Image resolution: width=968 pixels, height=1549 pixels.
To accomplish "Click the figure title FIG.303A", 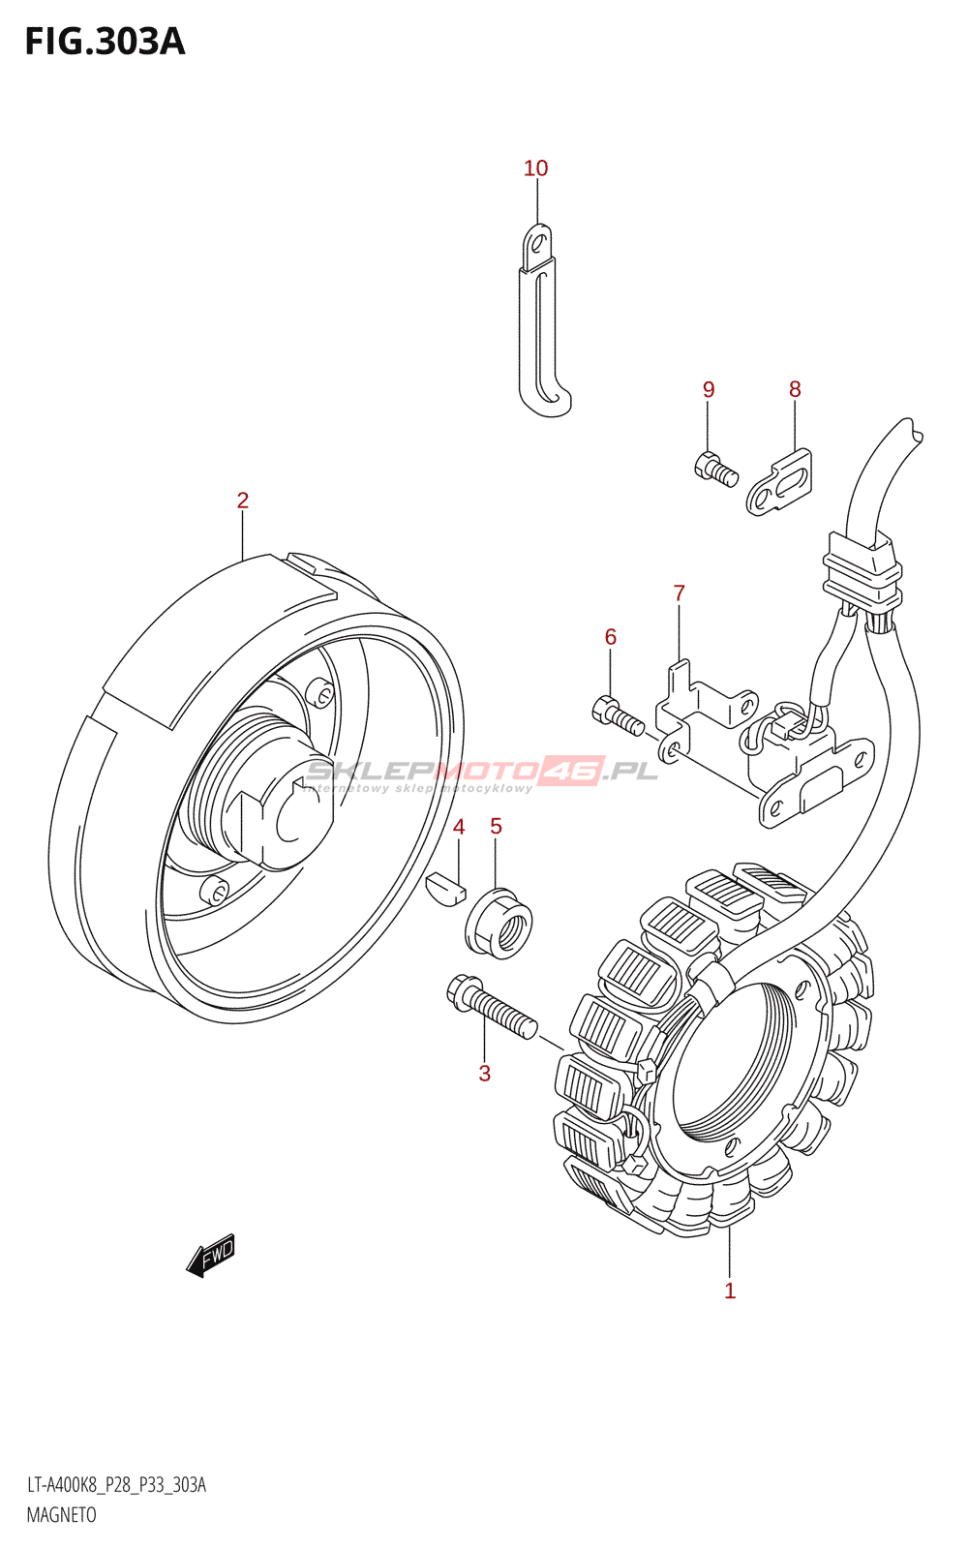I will tap(105, 42).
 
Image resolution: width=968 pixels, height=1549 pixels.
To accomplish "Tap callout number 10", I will tap(535, 168).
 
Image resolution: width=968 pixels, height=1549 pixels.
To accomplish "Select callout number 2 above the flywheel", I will tap(243, 501).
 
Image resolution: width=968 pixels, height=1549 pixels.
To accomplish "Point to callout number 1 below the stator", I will tap(730, 1291).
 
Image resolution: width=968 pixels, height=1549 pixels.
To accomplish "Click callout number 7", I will tap(679, 592).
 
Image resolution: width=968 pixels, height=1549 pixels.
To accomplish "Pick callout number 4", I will tap(459, 827).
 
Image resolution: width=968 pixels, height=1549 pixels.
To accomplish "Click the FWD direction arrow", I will tap(211, 1256).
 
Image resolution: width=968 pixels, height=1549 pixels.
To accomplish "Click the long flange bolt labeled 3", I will tap(492, 1007).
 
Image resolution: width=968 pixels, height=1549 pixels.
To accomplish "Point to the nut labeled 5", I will tap(499, 924).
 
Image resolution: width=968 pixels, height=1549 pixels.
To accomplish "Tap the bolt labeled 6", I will tap(617, 716).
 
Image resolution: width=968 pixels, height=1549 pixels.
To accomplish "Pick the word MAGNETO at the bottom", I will tap(61, 1515).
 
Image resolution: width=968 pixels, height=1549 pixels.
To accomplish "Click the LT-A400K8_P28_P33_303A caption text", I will tap(116, 1485).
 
